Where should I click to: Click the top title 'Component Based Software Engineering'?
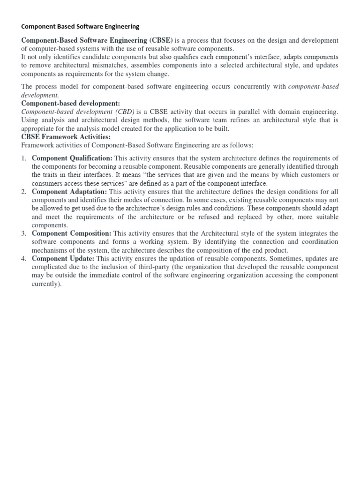point(80,27)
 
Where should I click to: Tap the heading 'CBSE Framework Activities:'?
point(66,137)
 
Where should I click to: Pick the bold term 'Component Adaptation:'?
point(69,192)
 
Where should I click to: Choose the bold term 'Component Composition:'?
point(72,233)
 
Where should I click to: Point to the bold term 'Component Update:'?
point(63,259)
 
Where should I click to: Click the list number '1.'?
point(24,158)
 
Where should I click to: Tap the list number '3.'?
point(24,233)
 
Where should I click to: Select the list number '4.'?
point(24,259)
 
